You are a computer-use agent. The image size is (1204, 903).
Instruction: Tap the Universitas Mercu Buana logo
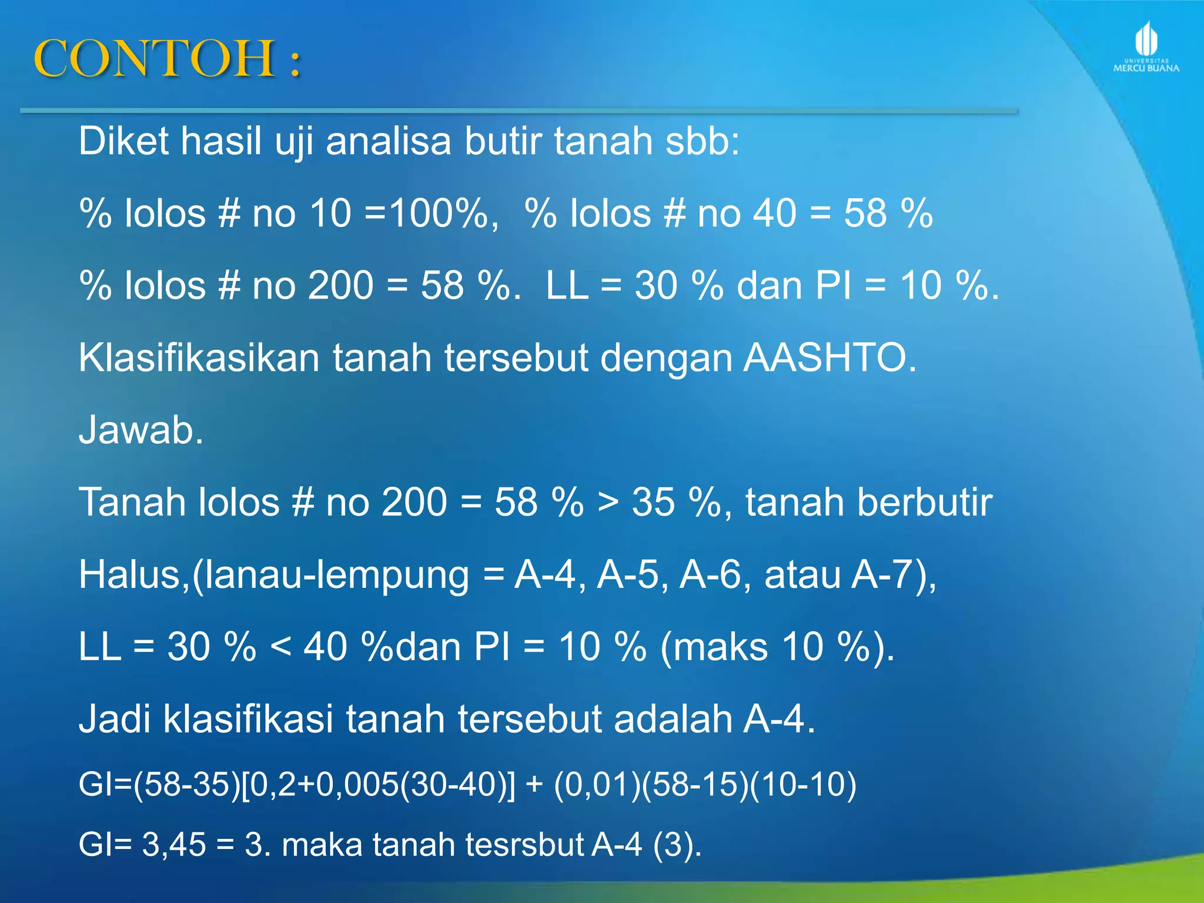click(1146, 47)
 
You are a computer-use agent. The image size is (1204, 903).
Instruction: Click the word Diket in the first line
click(124, 141)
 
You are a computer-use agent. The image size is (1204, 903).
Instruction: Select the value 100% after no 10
click(438, 213)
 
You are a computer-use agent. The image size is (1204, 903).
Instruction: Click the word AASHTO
click(829, 357)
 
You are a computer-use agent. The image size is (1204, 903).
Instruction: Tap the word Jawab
click(141, 430)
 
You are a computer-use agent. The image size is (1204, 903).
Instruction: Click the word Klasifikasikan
click(198, 357)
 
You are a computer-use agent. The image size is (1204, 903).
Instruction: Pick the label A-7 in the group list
click(887, 574)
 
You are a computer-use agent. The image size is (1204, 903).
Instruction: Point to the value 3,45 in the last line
click(174, 845)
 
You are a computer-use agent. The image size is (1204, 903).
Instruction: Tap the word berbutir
click(868, 502)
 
